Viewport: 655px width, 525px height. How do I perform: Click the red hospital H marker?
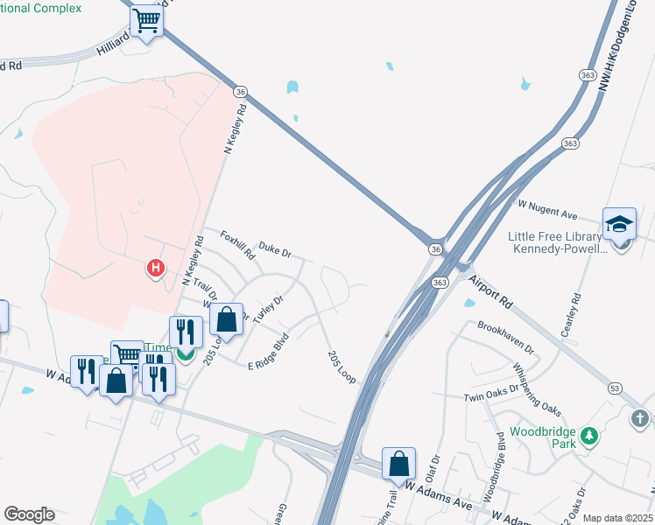click(155, 268)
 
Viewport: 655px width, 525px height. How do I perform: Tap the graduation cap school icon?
click(619, 223)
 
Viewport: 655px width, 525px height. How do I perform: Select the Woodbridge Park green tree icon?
click(590, 436)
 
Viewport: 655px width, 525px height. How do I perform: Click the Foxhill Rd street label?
click(237, 246)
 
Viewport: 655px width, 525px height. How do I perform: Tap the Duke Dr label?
click(275, 251)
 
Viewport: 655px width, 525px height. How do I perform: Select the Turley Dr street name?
click(269, 310)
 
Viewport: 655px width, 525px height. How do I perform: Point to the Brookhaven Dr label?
click(506, 337)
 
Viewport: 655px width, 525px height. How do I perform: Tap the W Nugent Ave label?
click(547, 208)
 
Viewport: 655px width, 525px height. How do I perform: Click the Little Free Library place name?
click(556, 236)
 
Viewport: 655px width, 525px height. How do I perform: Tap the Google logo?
click(29, 514)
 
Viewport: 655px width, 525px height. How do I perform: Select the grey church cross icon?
click(640, 418)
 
